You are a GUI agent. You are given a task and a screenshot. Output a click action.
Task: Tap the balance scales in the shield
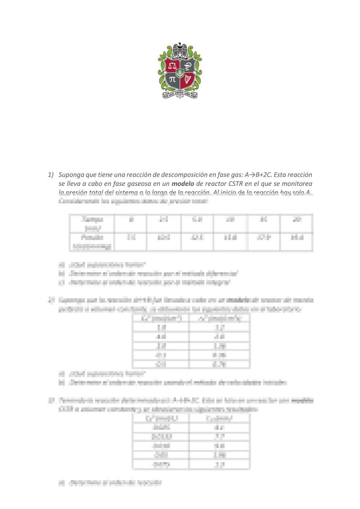point(173,65)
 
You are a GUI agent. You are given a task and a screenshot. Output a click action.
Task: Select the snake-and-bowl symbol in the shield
point(188,65)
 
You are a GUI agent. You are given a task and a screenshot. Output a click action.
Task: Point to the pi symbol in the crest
point(173,79)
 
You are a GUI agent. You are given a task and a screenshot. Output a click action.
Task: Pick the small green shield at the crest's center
point(180,73)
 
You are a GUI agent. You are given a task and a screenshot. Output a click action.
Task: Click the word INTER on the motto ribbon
point(166,96)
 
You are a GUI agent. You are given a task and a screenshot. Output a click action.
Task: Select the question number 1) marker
point(50,175)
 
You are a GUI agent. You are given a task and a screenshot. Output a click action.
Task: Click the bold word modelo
point(183,184)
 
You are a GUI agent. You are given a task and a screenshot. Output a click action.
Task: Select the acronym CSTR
point(235,184)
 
